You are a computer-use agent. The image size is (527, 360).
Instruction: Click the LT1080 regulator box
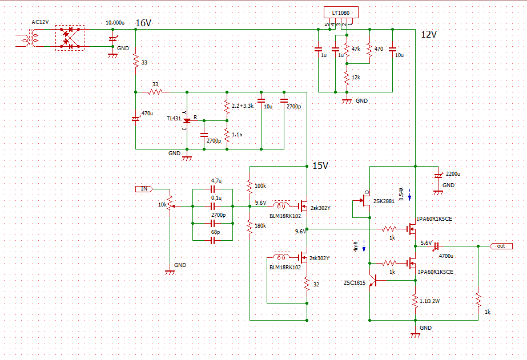click(x=341, y=13)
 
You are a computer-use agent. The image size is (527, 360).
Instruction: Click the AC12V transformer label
click(x=41, y=22)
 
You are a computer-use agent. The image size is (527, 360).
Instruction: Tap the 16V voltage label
click(x=143, y=23)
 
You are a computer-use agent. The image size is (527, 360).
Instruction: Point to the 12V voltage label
click(x=429, y=34)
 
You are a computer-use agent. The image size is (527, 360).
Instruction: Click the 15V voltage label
click(x=320, y=166)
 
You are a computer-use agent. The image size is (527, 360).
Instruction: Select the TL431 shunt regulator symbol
click(x=187, y=120)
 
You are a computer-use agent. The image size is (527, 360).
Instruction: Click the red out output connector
click(x=501, y=246)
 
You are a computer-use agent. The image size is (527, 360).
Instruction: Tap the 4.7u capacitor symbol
click(x=213, y=188)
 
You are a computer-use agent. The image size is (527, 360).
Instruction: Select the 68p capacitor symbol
click(x=213, y=241)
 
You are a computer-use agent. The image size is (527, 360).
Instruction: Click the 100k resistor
click(x=250, y=186)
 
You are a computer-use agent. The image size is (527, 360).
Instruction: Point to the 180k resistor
click(x=250, y=226)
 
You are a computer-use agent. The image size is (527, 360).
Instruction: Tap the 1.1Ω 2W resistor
click(x=415, y=300)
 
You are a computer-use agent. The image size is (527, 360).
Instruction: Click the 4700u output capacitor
click(x=436, y=246)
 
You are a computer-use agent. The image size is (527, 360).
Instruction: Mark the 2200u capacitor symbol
click(x=438, y=176)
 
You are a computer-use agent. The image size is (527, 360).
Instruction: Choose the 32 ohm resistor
click(x=307, y=284)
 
